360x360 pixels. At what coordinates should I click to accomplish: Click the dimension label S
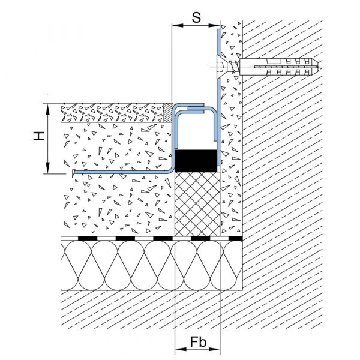196,17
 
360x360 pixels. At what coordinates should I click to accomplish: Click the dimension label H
39,136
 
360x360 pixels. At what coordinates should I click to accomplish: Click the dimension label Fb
198,343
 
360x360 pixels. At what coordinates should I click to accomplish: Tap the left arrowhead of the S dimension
178,25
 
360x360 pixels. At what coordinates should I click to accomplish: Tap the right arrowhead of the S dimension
214,25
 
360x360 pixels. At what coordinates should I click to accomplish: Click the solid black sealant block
196,161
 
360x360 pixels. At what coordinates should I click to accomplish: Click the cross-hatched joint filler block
197,204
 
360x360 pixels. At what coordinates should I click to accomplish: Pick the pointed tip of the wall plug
319,67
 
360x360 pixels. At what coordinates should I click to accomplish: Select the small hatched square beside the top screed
168,113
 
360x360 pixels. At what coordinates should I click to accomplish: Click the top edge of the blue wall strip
218,29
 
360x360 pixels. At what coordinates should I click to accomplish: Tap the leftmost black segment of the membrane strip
88,239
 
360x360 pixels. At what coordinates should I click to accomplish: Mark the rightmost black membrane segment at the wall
236,239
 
